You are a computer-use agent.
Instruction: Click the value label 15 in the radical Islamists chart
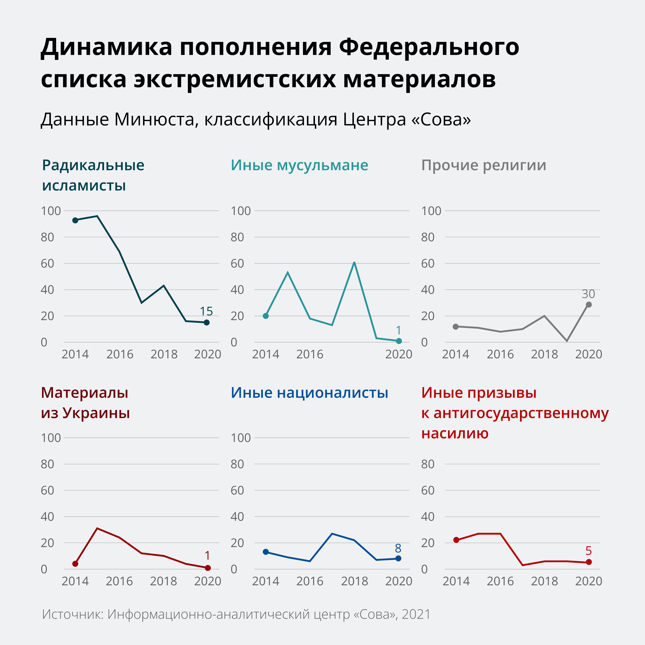[x=206, y=311]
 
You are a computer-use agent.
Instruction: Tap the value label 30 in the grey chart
[x=588, y=294]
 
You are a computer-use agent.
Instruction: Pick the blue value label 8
[x=398, y=548]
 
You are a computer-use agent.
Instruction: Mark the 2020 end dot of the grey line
[x=589, y=304]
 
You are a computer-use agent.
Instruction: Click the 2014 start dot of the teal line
[x=266, y=316]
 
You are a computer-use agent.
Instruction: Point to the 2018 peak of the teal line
[x=354, y=262]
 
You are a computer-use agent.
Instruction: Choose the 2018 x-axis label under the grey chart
[x=544, y=354]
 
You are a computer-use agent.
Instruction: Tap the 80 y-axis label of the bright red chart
[x=428, y=464]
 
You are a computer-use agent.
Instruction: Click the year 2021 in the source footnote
[x=416, y=614]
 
